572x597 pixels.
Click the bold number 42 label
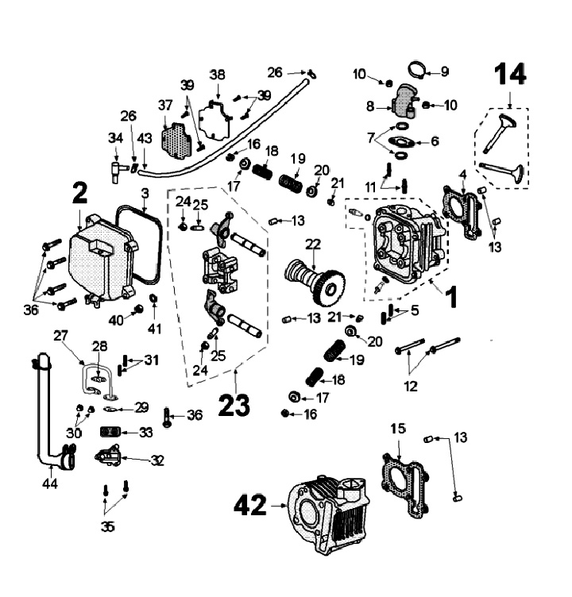point(250,505)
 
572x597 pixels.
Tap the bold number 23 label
point(234,405)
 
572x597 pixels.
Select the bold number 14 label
point(510,74)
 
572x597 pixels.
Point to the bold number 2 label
point(79,194)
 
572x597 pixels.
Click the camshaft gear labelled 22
point(315,281)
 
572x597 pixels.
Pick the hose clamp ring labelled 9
point(419,69)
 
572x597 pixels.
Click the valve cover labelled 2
point(102,260)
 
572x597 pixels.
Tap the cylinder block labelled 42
point(328,514)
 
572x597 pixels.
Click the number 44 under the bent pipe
point(50,484)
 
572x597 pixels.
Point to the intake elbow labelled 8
point(404,99)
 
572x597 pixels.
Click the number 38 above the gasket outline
point(217,75)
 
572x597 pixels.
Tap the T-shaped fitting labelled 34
point(115,171)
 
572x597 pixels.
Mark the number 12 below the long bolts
point(411,387)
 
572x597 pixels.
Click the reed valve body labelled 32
point(109,455)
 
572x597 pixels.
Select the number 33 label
point(145,433)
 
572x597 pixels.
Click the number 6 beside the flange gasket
point(435,141)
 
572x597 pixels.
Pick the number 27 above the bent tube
point(60,336)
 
